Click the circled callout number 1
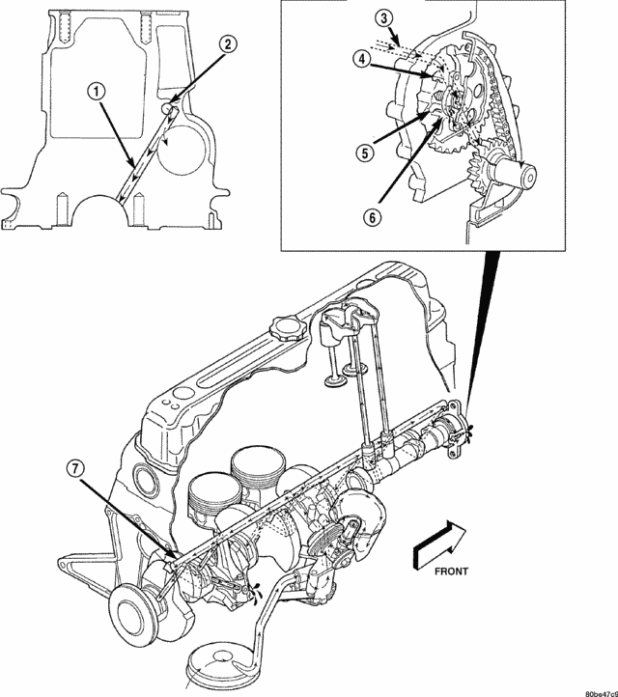(96, 93)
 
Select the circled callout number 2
(227, 44)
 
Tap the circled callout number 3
(384, 19)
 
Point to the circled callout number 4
(362, 58)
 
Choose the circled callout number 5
(365, 153)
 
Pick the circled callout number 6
(373, 217)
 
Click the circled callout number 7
(75, 467)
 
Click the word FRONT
(451, 572)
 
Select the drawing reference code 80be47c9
(602, 693)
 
